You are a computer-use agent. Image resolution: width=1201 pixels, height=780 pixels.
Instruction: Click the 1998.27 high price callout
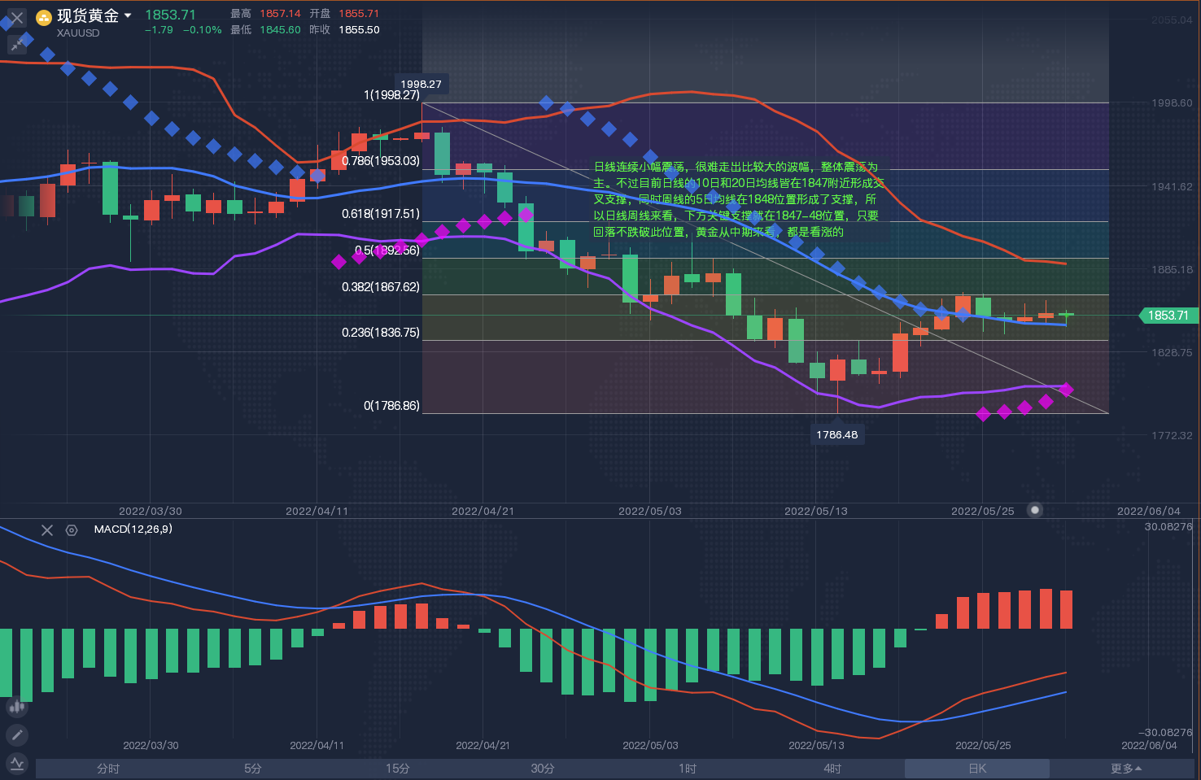coord(421,84)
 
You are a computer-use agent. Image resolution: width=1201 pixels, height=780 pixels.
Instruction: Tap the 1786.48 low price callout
coord(836,434)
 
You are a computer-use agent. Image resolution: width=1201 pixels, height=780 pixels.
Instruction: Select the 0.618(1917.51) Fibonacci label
coord(380,214)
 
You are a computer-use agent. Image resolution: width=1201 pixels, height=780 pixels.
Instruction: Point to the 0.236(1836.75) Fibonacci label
coord(380,333)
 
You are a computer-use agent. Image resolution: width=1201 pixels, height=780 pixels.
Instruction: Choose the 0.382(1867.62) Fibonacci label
coord(380,287)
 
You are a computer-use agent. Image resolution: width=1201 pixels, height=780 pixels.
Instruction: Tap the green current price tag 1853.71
coord(1168,316)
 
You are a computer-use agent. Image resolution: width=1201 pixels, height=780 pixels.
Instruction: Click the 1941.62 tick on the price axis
coord(1172,186)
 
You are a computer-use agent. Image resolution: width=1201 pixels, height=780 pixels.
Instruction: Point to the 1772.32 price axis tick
coord(1172,435)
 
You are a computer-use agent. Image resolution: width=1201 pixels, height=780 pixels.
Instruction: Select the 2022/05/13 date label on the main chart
coord(815,511)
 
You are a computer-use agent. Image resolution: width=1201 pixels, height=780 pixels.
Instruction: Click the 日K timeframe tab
coord(976,769)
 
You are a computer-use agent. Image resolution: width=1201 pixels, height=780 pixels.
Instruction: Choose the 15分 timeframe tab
coord(397,769)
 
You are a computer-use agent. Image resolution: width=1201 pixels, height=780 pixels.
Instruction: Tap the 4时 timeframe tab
coord(832,769)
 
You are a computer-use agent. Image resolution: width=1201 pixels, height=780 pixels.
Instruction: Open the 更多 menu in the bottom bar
coord(1125,769)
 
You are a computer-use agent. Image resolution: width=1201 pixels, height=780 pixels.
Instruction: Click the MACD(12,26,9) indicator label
coord(133,529)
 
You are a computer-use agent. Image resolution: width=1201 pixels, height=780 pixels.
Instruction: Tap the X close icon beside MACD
coord(47,530)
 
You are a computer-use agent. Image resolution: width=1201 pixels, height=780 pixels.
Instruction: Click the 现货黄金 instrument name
coord(88,15)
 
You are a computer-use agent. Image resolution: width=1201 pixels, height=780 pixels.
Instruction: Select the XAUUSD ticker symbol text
coord(78,33)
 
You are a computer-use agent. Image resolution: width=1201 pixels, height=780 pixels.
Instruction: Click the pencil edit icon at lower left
coord(16,735)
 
